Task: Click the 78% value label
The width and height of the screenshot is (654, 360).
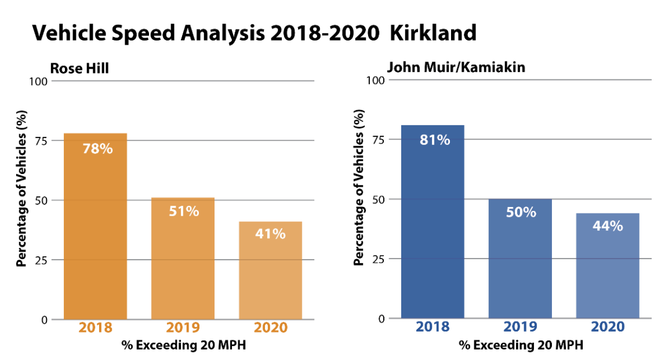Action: [x=97, y=148]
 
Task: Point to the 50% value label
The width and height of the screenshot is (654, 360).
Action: [x=521, y=212]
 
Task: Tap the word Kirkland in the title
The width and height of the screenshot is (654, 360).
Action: [x=433, y=33]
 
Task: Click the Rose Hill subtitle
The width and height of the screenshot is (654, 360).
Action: [x=80, y=68]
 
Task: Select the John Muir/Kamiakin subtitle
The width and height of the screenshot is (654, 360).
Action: [x=456, y=67]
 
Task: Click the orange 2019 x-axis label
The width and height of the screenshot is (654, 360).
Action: [x=183, y=328]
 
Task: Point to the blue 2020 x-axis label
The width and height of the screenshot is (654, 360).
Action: [x=608, y=327]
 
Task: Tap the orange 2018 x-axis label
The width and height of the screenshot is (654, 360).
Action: [x=95, y=328]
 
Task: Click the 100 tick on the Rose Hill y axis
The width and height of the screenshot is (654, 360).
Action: [x=38, y=81]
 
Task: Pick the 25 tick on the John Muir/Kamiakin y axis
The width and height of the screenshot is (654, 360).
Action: [x=377, y=259]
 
